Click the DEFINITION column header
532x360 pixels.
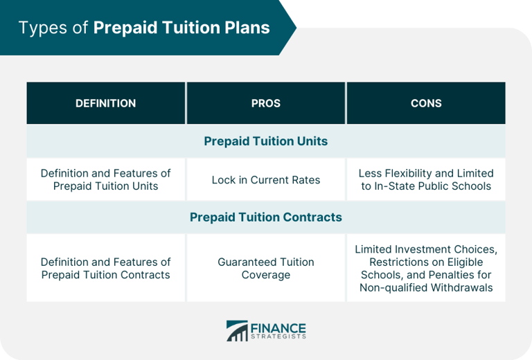coord(105,103)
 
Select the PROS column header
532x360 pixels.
coord(266,103)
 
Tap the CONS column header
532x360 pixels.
coord(426,103)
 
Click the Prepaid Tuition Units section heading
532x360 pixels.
coord(266,141)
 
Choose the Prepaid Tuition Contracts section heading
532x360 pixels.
coord(266,217)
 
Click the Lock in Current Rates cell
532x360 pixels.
coord(266,180)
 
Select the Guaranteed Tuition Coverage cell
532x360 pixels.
coord(266,269)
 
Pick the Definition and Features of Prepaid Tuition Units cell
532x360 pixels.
coord(105,180)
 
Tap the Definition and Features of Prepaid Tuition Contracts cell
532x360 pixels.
coord(105,269)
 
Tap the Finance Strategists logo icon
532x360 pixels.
coord(237,331)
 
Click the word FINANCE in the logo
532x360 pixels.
coord(277,326)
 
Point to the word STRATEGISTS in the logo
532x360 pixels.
coord(277,336)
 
